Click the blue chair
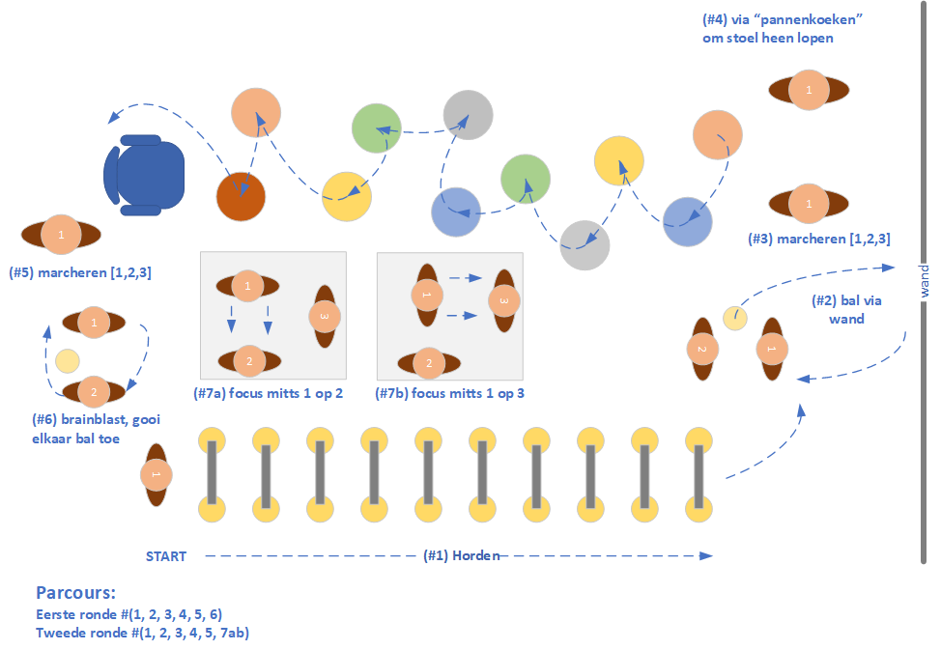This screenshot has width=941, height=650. click(144, 174)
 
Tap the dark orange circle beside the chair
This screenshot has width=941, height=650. click(241, 198)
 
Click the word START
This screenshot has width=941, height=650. click(166, 556)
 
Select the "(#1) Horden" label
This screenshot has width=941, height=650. click(461, 555)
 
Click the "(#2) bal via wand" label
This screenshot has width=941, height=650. click(847, 309)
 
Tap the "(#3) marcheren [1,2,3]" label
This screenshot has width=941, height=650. click(819, 238)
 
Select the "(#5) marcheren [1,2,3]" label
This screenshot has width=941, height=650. click(79, 273)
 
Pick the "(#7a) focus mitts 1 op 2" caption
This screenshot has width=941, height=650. click(269, 393)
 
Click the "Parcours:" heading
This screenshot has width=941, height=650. click(75, 592)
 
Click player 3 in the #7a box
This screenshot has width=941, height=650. click(325, 317)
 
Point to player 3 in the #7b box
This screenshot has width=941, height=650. click(502, 300)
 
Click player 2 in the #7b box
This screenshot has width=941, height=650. click(429, 363)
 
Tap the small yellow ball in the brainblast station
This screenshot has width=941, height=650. click(67, 361)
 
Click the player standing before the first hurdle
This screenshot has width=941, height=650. click(155, 475)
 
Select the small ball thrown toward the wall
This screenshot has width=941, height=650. click(735, 317)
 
